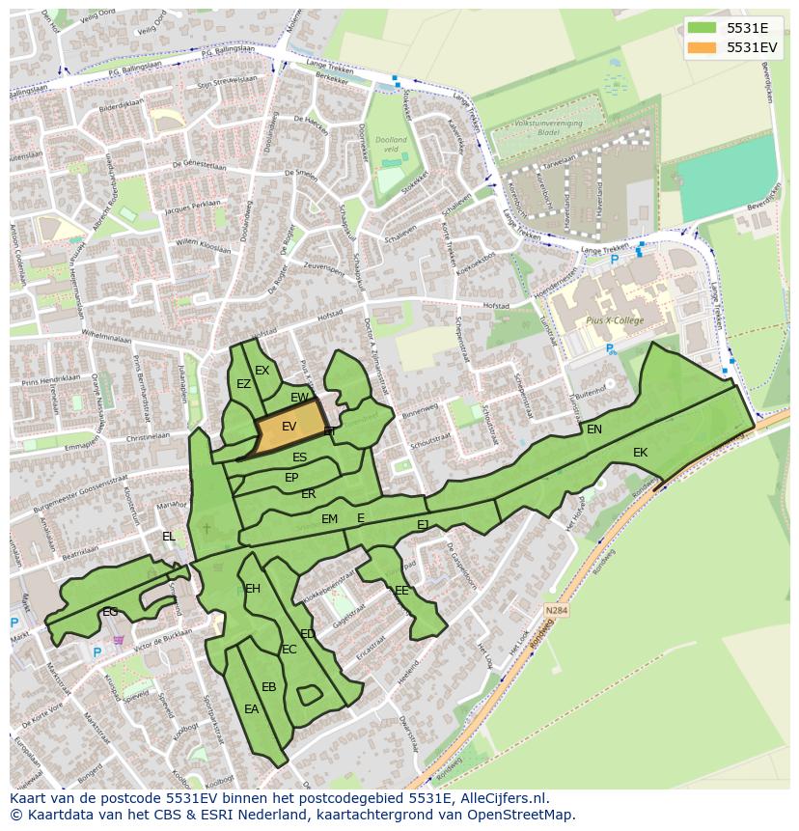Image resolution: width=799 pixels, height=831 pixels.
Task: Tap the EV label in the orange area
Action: (x=289, y=426)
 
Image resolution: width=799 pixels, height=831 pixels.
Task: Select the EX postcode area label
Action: (x=262, y=371)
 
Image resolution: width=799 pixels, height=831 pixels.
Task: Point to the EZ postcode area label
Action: (x=243, y=384)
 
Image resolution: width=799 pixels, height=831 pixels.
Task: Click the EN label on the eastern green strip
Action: (x=594, y=429)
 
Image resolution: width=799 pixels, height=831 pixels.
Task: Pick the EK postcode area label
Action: (x=640, y=453)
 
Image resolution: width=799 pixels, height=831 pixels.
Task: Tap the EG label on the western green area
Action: (x=110, y=612)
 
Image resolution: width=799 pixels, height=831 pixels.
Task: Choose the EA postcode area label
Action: (x=251, y=709)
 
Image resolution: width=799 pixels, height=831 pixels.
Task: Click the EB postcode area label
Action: (x=268, y=687)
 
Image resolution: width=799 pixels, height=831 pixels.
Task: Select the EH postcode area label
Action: (x=253, y=589)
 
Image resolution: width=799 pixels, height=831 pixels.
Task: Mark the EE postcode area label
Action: (x=401, y=590)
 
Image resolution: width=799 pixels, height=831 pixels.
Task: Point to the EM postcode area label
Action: (x=330, y=519)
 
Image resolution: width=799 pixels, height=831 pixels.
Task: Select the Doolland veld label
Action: (x=391, y=145)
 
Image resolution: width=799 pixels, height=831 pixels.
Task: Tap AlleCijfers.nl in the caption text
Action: (x=503, y=798)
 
